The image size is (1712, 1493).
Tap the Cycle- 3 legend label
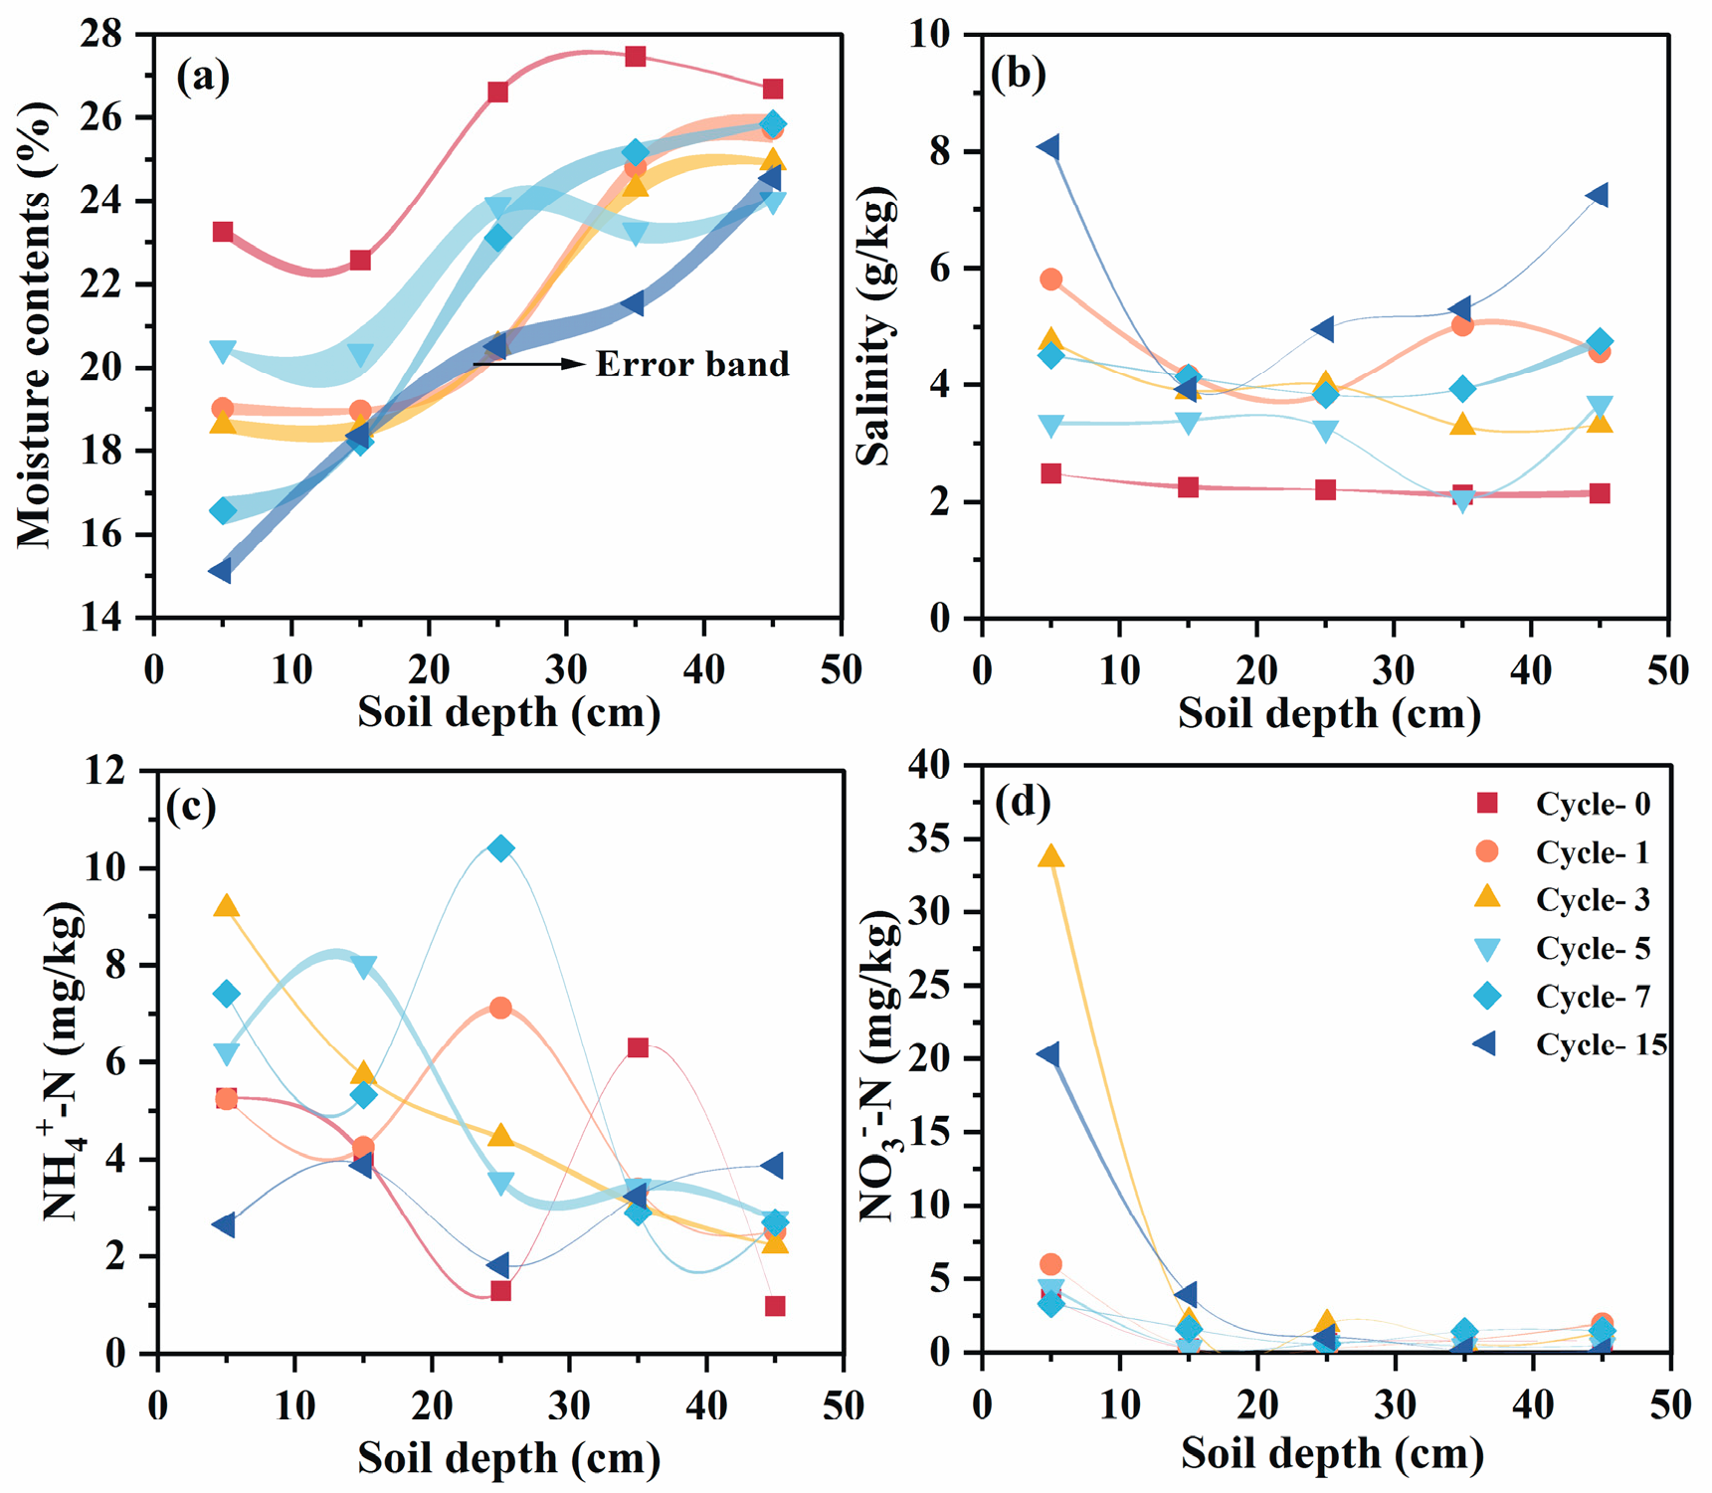(x=1593, y=899)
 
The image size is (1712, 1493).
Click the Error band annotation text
(x=692, y=364)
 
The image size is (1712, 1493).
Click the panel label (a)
(x=203, y=76)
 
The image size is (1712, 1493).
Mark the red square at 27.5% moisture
(x=636, y=57)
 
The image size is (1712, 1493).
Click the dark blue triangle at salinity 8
(x=1048, y=147)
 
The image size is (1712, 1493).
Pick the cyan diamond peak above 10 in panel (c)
(x=501, y=848)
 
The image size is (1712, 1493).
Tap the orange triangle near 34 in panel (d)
(x=1050, y=856)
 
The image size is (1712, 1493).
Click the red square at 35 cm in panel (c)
(x=638, y=1047)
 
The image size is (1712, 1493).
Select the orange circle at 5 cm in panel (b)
(x=1050, y=280)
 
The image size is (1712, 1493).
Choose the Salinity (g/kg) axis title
(x=875, y=328)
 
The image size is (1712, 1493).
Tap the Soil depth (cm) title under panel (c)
(x=508, y=1457)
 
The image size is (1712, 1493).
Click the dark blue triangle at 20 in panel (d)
(x=1048, y=1054)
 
